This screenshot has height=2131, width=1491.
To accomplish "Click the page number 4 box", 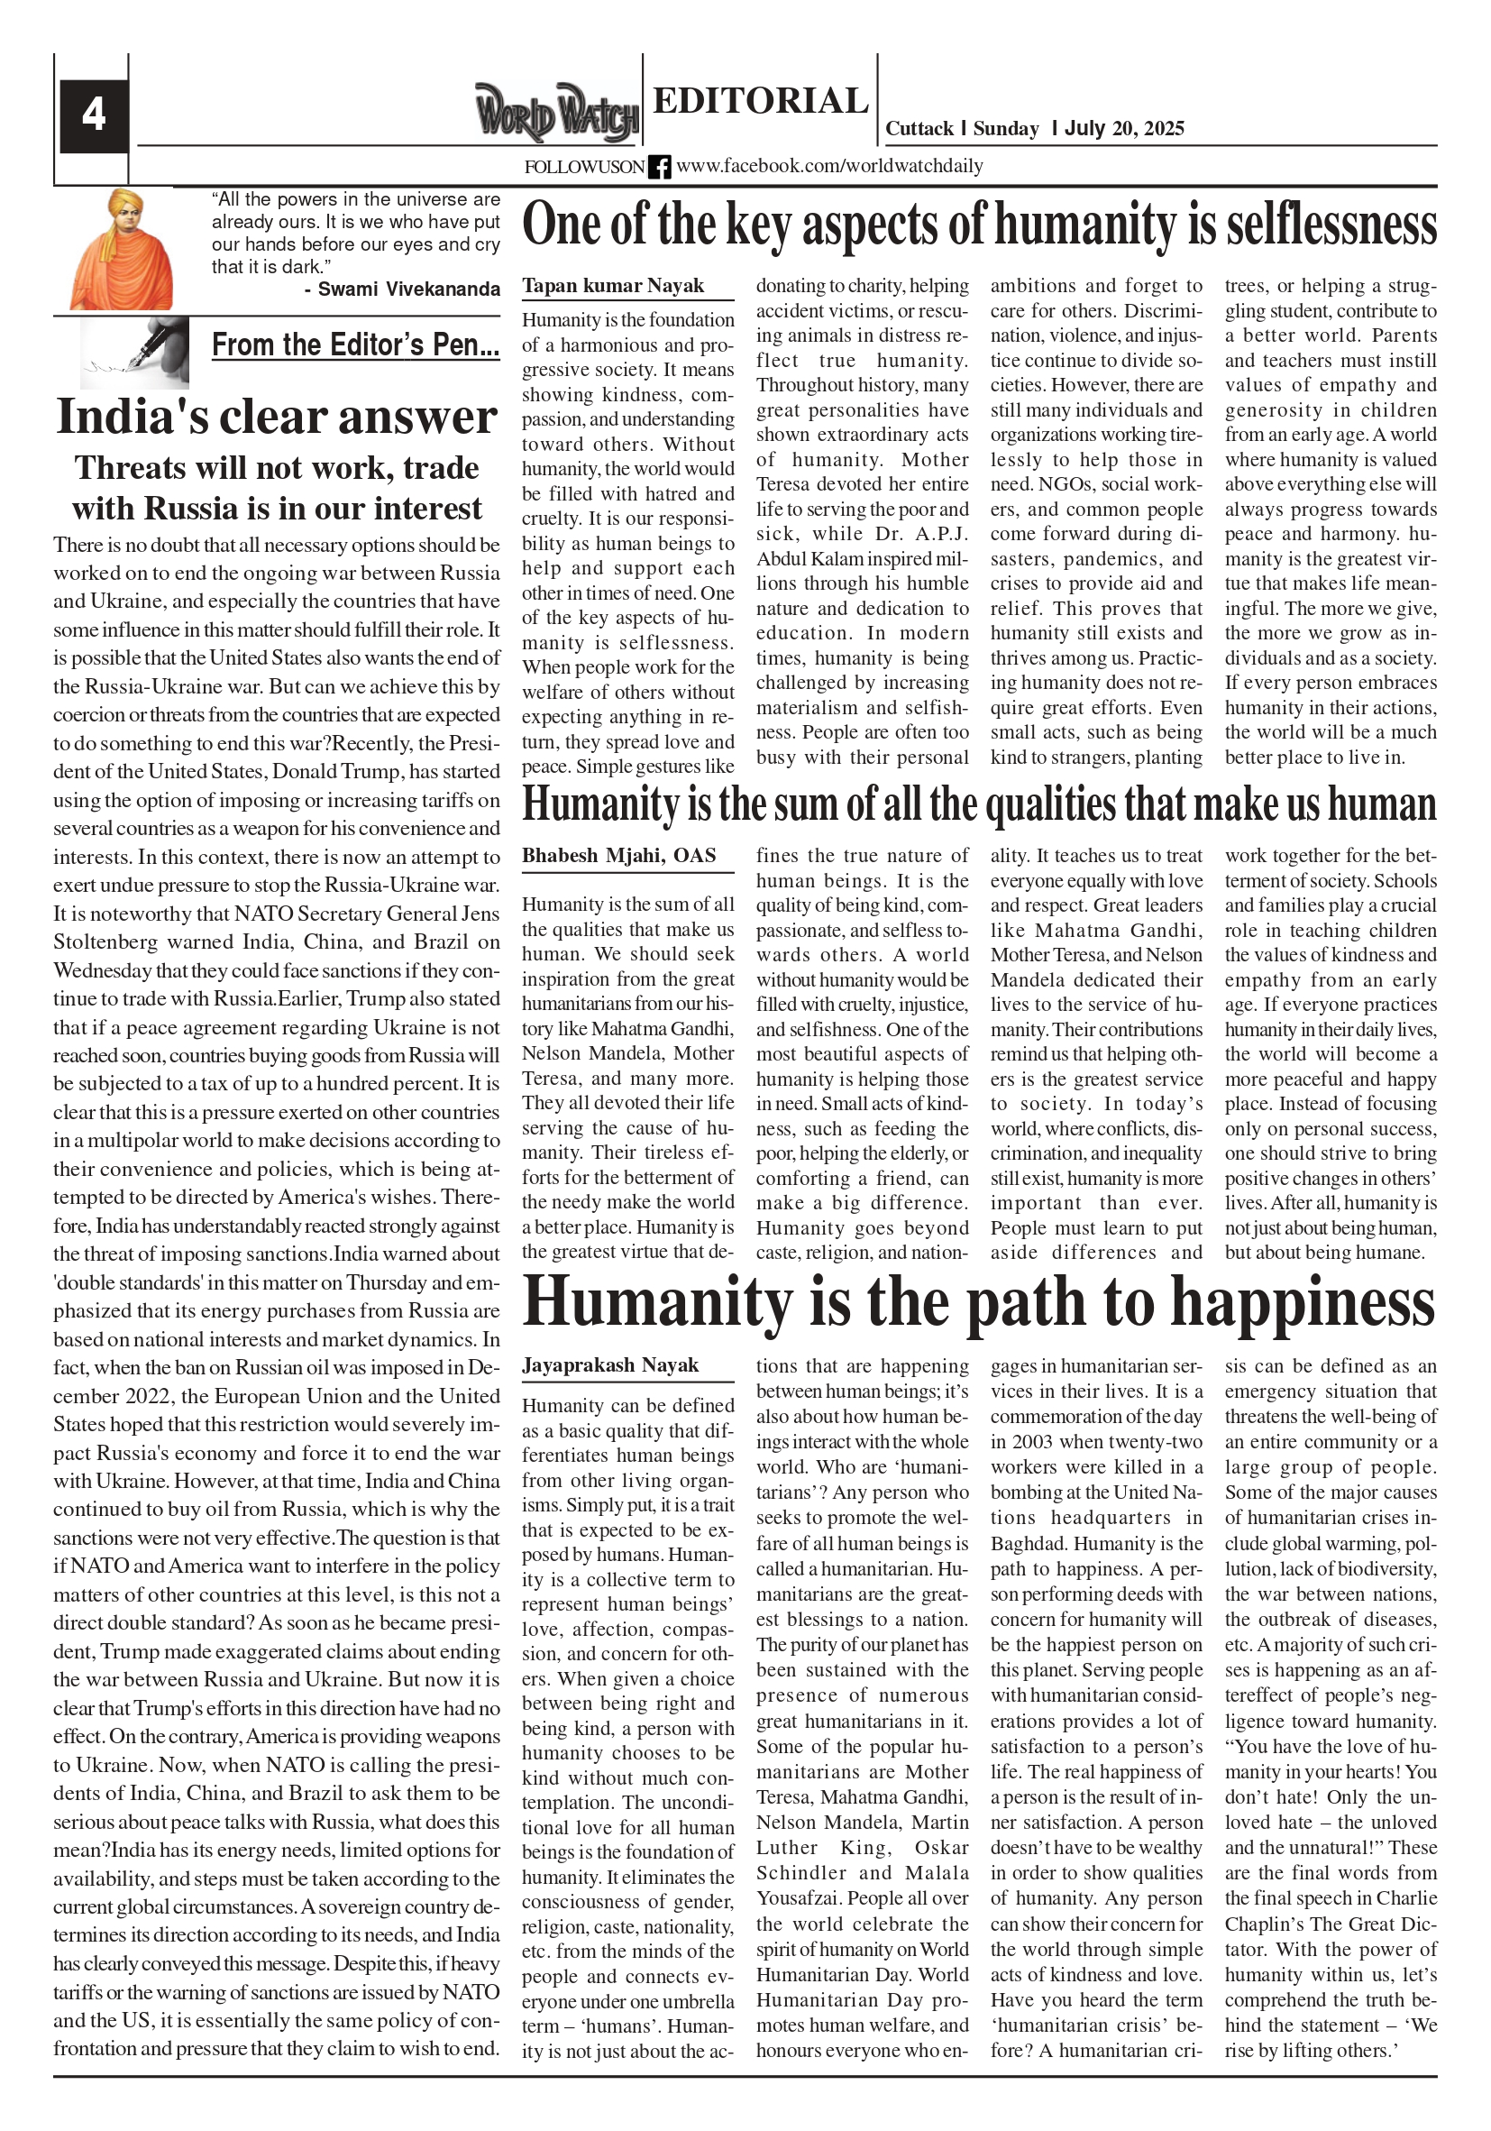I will click(x=94, y=115).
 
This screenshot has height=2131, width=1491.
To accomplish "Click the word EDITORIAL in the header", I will click(x=760, y=100).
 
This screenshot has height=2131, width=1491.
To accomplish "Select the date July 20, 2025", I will click(x=1123, y=129).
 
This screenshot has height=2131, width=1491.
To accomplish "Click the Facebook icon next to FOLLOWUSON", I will click(x=659, y=167).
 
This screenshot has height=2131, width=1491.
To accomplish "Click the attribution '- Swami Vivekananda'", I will click(x=402, y=289).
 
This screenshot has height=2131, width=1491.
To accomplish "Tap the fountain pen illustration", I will click(x=135, y=352).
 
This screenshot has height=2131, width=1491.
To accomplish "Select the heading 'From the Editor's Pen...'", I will click(x=355, y=345).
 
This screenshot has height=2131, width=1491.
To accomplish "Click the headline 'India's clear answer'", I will click(x=277, y=417).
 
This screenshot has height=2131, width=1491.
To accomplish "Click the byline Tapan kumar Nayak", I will click(x=613, y=286).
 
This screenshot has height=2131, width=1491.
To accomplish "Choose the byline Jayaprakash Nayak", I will click(x=609, y=1365).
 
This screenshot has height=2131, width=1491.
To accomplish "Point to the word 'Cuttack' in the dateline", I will click(x=919, y=129).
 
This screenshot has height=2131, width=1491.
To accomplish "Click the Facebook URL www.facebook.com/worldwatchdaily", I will click(x=829, y=167).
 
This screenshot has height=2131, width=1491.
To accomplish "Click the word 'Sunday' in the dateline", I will click(x=1006, y=129).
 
